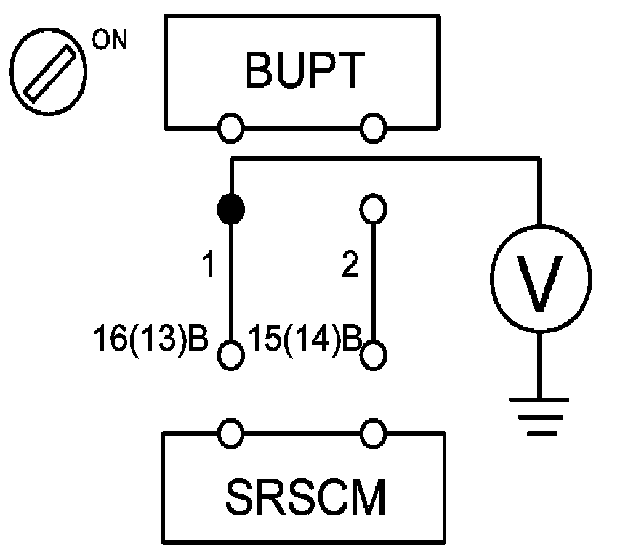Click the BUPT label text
(305, 70)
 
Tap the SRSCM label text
(305, 497)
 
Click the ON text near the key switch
(109, 39)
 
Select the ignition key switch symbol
(48, 72)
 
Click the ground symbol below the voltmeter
(539, 417)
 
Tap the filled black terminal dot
(231, 209)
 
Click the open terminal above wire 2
(374, 208)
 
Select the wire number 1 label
(209, 264)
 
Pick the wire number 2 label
(350, 264)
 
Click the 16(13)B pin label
(150, 338)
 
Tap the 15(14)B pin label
(305, 338)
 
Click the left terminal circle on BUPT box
(231, 128)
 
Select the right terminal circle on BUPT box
(374, 128)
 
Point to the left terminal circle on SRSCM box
(231, 433)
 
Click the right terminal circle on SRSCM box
(374, 433)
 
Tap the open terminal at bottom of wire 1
(231, 355)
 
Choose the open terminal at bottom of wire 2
(374, 355)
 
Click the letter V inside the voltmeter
(539, 283)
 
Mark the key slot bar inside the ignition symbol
(49, 73)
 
